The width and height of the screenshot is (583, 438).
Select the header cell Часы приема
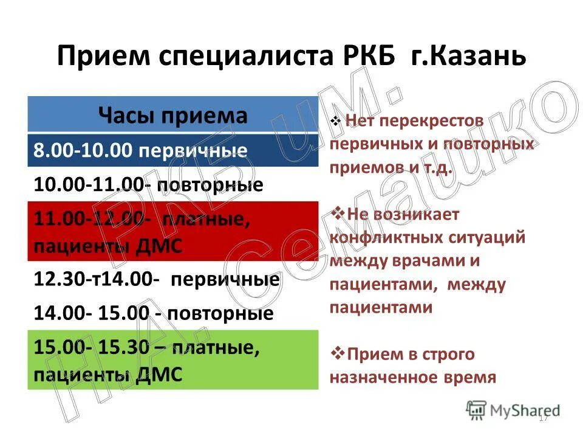[x=173, y=115]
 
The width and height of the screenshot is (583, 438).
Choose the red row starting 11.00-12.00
[x=173, y=232]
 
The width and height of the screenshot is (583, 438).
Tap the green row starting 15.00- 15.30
[x=173, y=360]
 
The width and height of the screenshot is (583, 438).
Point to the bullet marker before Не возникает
[x=336, y=214]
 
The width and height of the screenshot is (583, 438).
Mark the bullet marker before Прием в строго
[x=336, y=353]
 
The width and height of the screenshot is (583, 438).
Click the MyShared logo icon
[x=476, y=410]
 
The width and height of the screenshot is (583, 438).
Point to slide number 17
[x=543, y=417]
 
